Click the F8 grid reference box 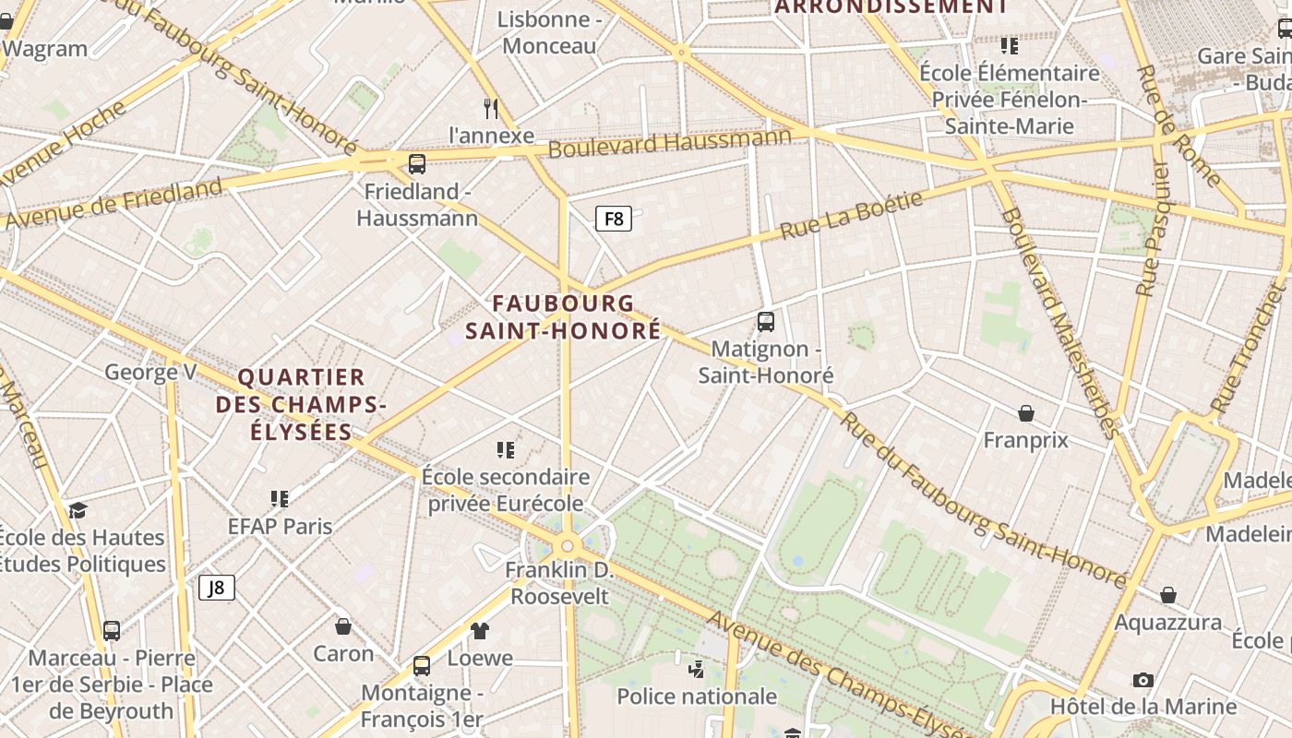click(x=614, y=219)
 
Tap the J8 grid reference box click(x=217, y=588)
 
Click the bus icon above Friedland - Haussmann click(x=417, y=164)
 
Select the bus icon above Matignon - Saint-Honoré click(x=765, y=322)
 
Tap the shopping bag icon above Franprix click(x=1025, y=412)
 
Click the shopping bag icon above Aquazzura click(x=1167, y=595)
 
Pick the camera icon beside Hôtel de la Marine click(x=1142, y=681)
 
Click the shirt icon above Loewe click(x=480, y=631)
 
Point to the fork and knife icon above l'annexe click(x=491, y=109)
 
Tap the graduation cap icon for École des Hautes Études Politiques click(x=78, y=510)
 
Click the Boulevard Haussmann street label click(x=670, y=143)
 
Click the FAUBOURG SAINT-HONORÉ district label click(x=563, y=316)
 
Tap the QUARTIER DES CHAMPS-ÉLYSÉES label click(x=301, y=404)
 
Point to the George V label click(x=150, y=372)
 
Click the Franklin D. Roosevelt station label click(x=559, y=583)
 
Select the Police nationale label click(x=697, y=696)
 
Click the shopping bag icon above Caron click(x=343, y=626)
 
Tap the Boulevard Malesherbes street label click(x=1059, y=323)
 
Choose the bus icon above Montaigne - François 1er click(x=422, y=665)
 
